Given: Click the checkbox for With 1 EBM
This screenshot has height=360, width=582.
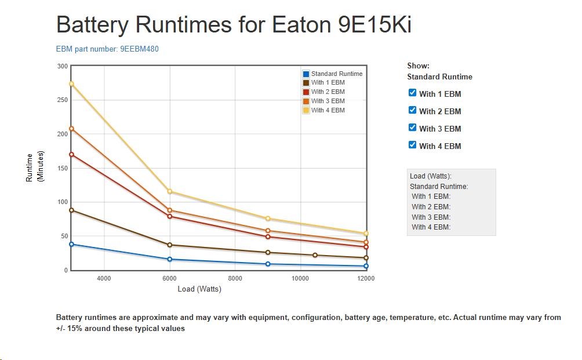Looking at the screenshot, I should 413,93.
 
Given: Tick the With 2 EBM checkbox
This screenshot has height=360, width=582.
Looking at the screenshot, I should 413,110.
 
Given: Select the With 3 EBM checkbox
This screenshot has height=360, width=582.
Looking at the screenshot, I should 413,128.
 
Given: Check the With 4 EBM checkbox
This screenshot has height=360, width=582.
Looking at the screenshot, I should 413,145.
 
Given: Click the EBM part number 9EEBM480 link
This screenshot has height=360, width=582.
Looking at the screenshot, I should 107,49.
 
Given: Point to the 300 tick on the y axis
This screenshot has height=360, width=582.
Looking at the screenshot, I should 62,66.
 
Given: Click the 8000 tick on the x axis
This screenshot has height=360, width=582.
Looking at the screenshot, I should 235,278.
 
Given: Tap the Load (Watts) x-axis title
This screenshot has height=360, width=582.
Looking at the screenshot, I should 199,289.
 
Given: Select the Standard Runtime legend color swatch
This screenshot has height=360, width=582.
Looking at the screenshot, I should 306,74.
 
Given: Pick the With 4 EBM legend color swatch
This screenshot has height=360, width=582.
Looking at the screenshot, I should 306,110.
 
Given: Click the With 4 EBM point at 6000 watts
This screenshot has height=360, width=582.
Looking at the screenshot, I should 170,191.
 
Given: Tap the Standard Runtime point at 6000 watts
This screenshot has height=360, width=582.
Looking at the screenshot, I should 170,259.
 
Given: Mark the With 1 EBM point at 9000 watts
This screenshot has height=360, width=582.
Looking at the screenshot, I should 268,253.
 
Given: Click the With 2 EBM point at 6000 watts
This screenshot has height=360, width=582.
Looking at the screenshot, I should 170,216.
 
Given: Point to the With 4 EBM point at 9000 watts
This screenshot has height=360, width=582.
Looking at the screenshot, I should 268,219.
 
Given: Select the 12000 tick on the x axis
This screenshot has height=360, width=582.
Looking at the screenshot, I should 366,278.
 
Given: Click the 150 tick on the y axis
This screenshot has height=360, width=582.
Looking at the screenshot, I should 62,168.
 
